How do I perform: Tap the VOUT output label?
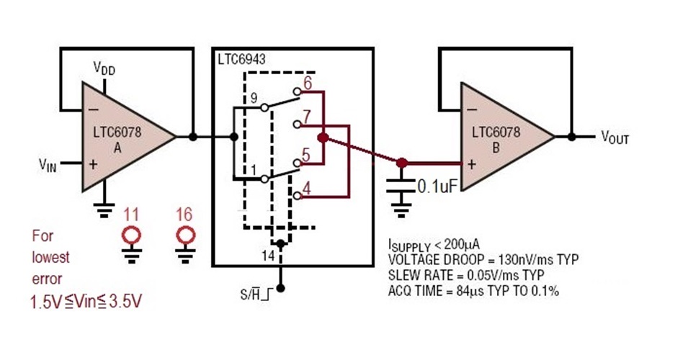[x=615, y=138]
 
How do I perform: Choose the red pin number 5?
[x=305, y=153]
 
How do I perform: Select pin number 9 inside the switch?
[x=253, y=98]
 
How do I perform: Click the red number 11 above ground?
[x=131, y=214]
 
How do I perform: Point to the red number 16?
[x=185, y=214]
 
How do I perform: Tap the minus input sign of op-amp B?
[x=472, y=109]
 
